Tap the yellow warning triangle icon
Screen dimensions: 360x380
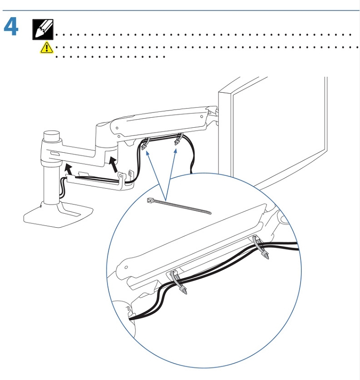[x=47, y=47]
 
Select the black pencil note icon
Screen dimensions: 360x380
[x=43, y=30]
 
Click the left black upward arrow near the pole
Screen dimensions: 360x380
[x=69, y=169]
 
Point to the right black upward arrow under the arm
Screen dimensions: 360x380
[x=114, y=164]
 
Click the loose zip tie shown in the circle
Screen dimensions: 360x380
[x=179, y=206]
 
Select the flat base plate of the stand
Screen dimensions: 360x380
[x=59, y=215]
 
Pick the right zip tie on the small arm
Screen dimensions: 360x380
[x=178, y=139]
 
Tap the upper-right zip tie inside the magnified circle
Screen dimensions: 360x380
[x=261, y=248]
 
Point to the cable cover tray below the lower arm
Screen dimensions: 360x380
[x=99, y=182]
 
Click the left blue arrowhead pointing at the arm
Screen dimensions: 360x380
[x=147, y=153]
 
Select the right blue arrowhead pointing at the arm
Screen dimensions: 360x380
[x=176, y=151]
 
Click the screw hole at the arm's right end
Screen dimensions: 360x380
[x=202, y=117]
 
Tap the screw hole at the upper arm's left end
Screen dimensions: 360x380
[x=117, y=128]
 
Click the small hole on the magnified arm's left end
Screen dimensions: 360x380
[x=126, y=267]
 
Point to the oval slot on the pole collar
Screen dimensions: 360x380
[x=54, y=154]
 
